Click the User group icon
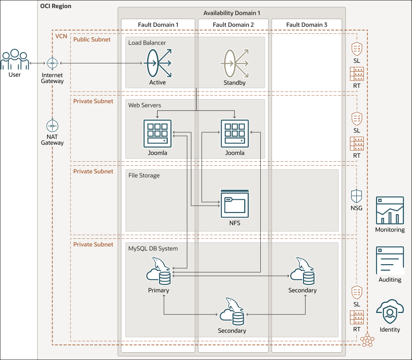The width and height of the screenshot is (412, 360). [x=15, y=60]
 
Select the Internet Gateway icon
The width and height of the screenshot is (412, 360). [x=53, y=64]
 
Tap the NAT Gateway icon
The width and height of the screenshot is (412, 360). [x=53, y=126]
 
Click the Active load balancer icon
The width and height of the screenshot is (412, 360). [x=158, y=63]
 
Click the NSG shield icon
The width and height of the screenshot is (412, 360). [x=357, y=197]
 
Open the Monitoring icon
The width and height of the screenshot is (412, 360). [x=390, y=210]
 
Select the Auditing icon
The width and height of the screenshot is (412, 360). [x=390, y=260]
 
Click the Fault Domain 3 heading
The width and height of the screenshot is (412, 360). [x=307, y=25]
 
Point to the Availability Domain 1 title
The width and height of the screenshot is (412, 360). [x=232, y=13]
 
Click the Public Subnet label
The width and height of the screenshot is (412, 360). [x=92, y=39]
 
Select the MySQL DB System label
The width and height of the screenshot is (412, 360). [x=153, y=248]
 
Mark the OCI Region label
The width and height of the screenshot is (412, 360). [x=56, y=6]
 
